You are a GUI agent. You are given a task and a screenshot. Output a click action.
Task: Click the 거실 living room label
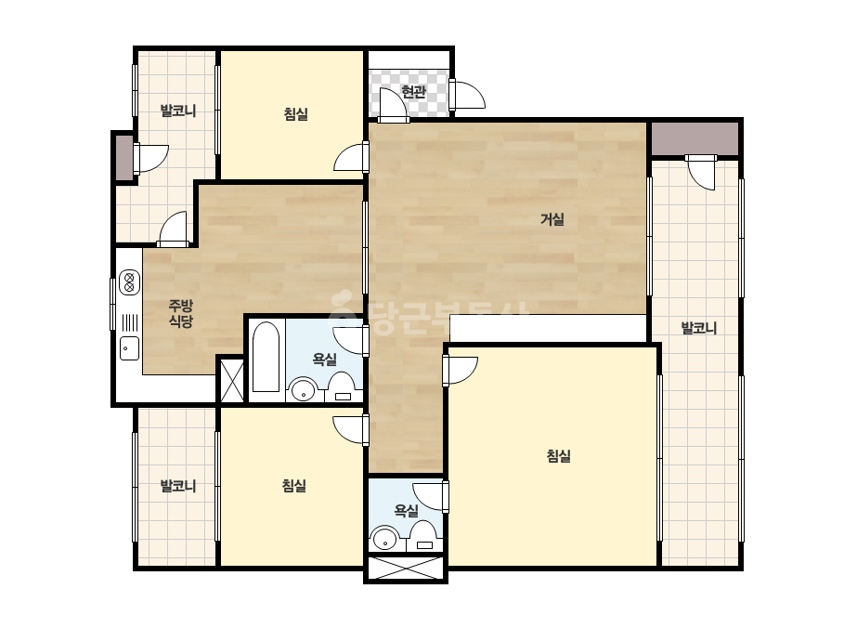pos(552,219)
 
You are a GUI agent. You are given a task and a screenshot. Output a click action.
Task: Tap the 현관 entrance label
pos(413,91)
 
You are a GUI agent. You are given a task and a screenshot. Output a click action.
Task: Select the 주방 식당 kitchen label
pos(181,313)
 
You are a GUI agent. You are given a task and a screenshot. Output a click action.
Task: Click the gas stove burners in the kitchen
pos(130,282)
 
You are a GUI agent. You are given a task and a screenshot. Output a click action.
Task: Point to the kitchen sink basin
pos(130,348)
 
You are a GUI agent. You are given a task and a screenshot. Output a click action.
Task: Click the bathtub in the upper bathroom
pos(266,357)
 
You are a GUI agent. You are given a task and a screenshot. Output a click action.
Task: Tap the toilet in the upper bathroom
pos(344,387)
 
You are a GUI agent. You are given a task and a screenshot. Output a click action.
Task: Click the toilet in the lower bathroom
pos(423,536)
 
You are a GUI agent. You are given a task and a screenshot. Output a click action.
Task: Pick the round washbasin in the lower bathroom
pos(385,538)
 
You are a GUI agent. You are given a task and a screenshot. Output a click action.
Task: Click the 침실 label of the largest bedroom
pos(559,456)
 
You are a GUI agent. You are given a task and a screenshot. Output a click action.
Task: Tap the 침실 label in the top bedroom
pos(295,113)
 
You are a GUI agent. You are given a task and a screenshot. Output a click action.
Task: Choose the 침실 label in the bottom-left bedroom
pos(294,485)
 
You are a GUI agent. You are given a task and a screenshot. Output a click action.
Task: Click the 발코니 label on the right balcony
pos(698,328)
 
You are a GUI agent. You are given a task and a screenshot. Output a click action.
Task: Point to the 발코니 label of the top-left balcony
pos(178,111)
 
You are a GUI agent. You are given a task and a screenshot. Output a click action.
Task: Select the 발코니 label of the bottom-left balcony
pos(178,486)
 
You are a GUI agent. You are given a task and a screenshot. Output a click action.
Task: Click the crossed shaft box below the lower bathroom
pos(406,568)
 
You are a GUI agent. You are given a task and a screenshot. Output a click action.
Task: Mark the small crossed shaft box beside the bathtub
pos(232,381)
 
